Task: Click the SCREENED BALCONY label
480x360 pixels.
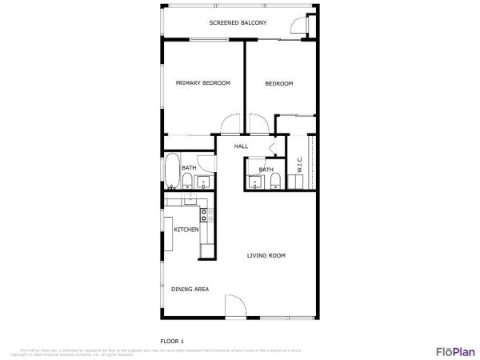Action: tap(238, 23)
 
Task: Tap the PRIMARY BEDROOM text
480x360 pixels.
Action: tap(203, 83)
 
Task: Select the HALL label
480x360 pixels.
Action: tap(241, 146)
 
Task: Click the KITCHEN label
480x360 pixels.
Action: tap(186, 230)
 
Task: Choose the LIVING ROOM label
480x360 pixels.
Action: tap(266, 256)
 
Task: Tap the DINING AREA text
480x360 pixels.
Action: tap(190, 289)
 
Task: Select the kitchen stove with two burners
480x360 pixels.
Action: tap(205, 214)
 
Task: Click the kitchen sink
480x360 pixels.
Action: tap(190, 200)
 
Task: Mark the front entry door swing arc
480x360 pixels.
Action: tap(236, 305)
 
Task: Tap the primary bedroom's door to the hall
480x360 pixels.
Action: tap(229, 126)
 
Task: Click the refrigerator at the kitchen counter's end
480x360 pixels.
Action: tap(207, 250)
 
